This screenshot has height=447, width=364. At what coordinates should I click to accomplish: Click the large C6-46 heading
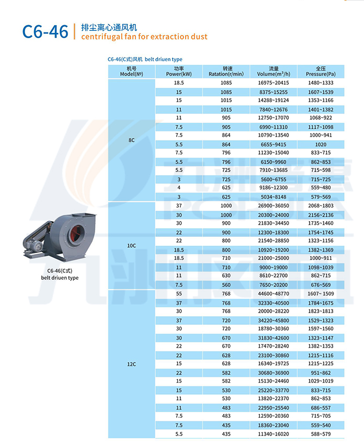[45, 32]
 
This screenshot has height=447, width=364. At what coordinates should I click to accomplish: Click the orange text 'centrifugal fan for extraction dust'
[144, 37]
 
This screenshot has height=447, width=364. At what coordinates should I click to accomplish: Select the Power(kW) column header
[179, 71]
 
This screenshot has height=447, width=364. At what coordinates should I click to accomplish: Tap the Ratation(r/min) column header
[226, 71]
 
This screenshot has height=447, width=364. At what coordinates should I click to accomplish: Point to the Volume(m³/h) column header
[274, 71]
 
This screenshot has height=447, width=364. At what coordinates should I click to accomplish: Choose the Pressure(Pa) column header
[321, 71]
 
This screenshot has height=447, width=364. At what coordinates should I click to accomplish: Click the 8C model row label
[131, 140]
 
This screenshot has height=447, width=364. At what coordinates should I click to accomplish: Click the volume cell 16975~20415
[274, 83]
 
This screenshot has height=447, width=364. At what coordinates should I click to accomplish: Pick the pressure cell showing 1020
[321, 143]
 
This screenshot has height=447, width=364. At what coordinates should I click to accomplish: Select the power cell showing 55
[179, 294]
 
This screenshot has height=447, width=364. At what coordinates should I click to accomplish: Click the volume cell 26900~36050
[274, 206]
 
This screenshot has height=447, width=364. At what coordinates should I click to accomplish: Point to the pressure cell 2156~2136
[321, 215]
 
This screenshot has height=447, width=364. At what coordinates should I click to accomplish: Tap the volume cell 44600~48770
[274, 294]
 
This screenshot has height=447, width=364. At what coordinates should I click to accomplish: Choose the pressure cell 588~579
[321, 433]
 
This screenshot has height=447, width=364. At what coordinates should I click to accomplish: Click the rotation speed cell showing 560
[226, 284]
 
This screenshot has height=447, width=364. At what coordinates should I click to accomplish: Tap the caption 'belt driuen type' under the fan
[60, 278]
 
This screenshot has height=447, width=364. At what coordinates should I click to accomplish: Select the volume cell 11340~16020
[274, 433]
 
